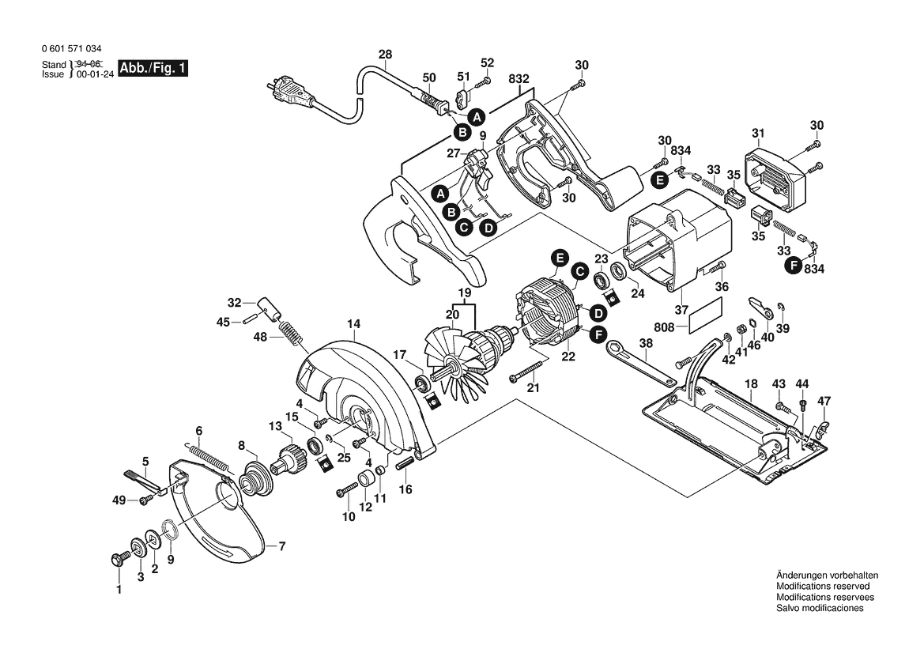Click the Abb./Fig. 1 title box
pyautogui.click(x=153, y=68)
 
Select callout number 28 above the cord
pyautogui.click(x=385, y=55)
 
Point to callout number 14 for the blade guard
pyautogui.click(x=353, y=324)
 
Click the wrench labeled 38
pyautogui.click(x=640, y=363)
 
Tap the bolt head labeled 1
pyautogui.click(x=116, y=558)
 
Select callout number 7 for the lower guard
pyautogui.click(x=281, y=547)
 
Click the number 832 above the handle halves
pyautogui.click(x=519, y=79)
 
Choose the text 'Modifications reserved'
pyautogui.click(x=823, y=587)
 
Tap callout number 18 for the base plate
pyautogui.click(x=751, y=384)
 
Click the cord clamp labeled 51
pyautogui.click(x=464, y=96)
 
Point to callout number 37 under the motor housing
pyautogui.click(x=681, y=310)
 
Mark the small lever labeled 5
pyautogui.click(x=145, y=479)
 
